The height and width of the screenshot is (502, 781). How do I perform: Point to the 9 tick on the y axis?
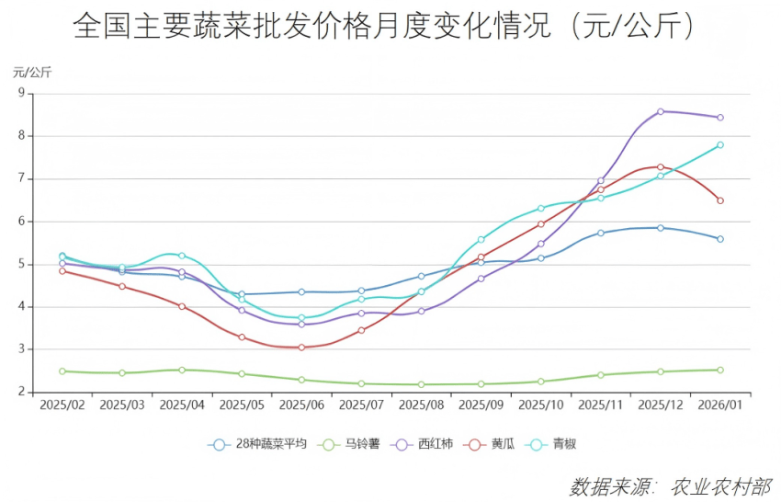(20, 93)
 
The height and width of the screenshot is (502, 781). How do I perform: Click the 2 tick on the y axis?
(20, 393)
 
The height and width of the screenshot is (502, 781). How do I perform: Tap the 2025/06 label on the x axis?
(301, 405)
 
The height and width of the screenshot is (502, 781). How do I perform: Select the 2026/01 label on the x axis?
(719, 405)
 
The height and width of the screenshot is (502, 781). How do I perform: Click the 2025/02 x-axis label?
(62, 405)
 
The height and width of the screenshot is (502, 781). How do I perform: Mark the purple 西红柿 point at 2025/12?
(660, 111)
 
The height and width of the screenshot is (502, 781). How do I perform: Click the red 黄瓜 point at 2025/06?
(301, 348)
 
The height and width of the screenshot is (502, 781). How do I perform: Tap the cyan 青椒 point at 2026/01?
(719, 144)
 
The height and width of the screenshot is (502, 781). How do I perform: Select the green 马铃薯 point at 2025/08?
(421, 384)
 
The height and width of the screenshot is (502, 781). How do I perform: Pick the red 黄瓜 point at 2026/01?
(719, 200)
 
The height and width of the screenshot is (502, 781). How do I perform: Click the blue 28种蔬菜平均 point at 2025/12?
(660, 227)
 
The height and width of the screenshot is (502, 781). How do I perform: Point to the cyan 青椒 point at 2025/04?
(182, 256)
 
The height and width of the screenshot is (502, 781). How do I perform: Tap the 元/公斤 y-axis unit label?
(31, 72)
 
